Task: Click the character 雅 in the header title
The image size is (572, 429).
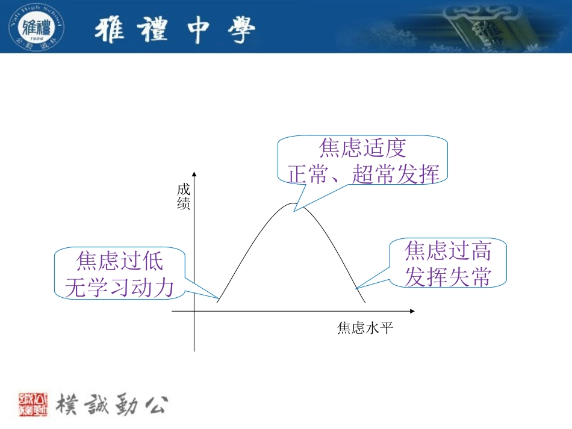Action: (x=111, y=30)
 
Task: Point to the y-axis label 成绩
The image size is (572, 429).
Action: (x=184, y=197)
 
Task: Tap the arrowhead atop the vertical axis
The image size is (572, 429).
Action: (x=194, y=174)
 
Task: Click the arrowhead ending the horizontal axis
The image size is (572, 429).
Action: (x=412, y=311)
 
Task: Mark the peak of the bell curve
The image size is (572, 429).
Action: (x=293, y=204)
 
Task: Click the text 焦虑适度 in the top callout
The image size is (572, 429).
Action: (x=363, y=148)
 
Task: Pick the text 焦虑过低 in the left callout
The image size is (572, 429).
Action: (x=120, y=262)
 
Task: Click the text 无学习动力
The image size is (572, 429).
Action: (x=120, y=288)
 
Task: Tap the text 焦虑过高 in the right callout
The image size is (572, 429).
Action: (x=448, y=250)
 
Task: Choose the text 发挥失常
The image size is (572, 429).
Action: (x=448, y=276)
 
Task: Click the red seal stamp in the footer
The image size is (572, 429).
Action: (x=34, y=404)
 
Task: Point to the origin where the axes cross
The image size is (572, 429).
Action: (x=194, y=311)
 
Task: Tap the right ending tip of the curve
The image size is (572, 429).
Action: (x=365, y=303)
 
